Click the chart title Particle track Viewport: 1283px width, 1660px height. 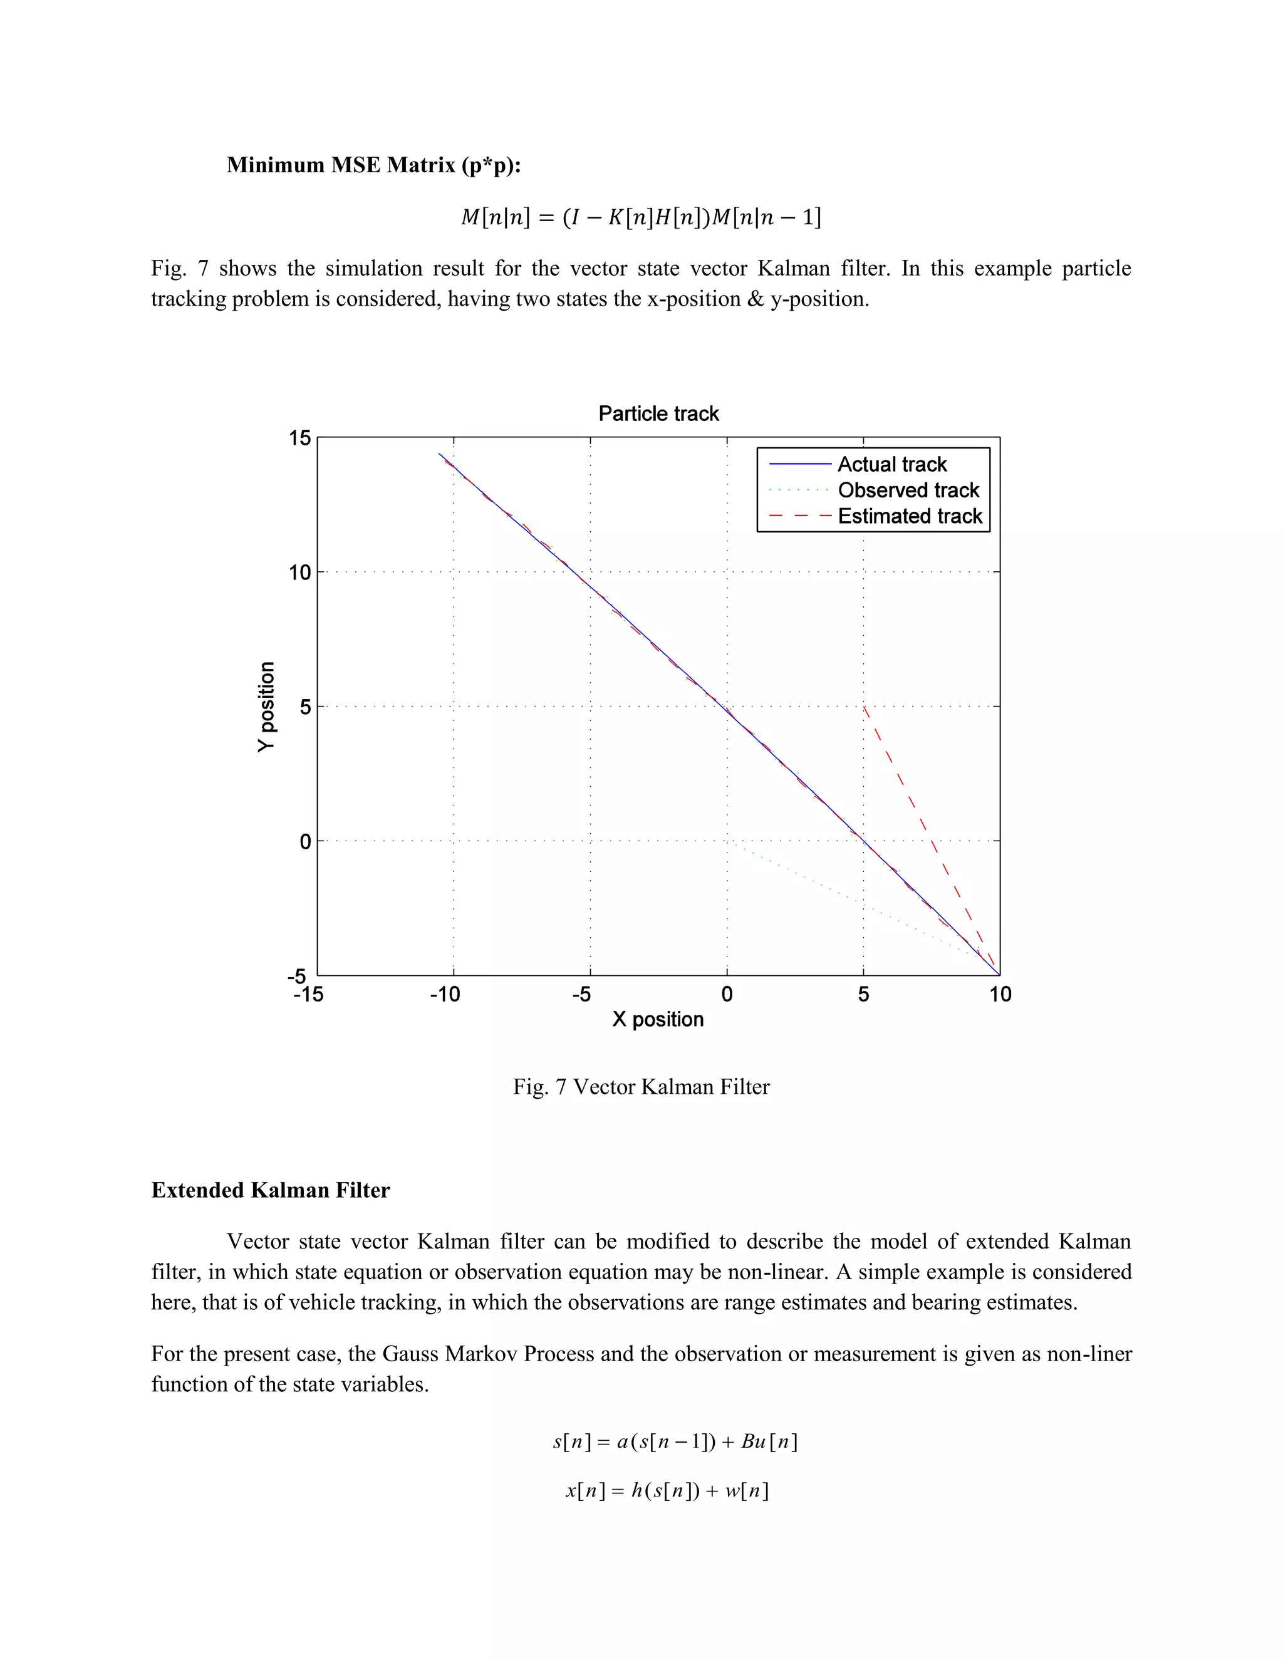pyautogui.click(x=658, y=413)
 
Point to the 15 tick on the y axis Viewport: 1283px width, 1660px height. pyautogui.click(x=300, y=438)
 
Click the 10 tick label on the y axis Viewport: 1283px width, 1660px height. pyautogui.click(x=300, y=573)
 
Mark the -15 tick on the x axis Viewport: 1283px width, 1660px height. pyautogui.click(x=308, y=994)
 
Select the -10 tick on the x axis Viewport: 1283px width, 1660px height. pyautogui.click(x=445, y=994)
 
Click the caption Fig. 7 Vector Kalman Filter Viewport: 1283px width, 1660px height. pyautogui.click(x=641, y=1087)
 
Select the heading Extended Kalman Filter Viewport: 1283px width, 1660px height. pyautogui.click(x=271, y=1190)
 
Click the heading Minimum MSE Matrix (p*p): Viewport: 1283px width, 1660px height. pyautogui.click(x=373, y=165)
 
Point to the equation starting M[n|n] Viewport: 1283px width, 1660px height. pyautogui.click(x=641, y=218)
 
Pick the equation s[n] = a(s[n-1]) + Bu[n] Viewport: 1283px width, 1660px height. pyautogui.click(x=675, y=1441)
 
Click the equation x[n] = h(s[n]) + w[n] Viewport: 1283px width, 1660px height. pyautogui.click(x=667, y=1490)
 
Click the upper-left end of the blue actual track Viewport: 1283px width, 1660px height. pyautogui.click(x=439, y=454)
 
